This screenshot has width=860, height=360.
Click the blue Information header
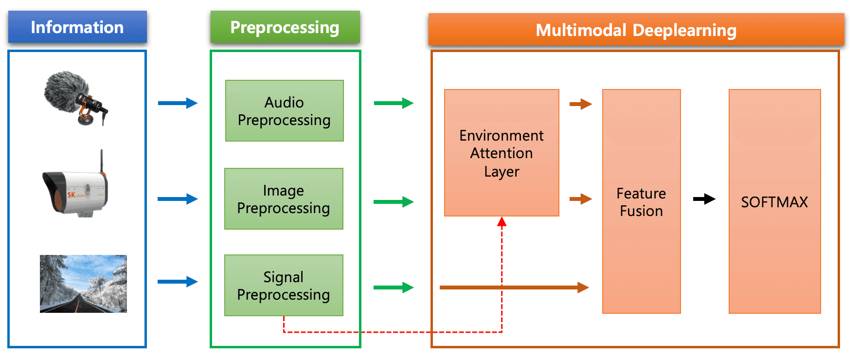(77, 27)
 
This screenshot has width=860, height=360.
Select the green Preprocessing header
(285, 27)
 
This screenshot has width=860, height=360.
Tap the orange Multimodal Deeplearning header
(636, 30)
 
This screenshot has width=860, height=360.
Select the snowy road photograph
(83, 284)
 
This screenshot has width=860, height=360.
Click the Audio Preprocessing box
(285, 111)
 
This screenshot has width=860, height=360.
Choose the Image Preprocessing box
(284, 199)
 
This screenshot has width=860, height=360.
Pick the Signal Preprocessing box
(284, 286)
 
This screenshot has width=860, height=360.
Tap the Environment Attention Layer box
(502, 153)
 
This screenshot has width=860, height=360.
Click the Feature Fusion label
(641, 202)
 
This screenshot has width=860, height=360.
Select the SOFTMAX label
(774, 202)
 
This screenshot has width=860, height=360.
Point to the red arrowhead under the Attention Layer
(502, 222)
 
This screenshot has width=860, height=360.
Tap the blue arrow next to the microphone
(178, 103)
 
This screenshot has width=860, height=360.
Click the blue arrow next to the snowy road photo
(178, 282)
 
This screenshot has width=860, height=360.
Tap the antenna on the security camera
(102, 161)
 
